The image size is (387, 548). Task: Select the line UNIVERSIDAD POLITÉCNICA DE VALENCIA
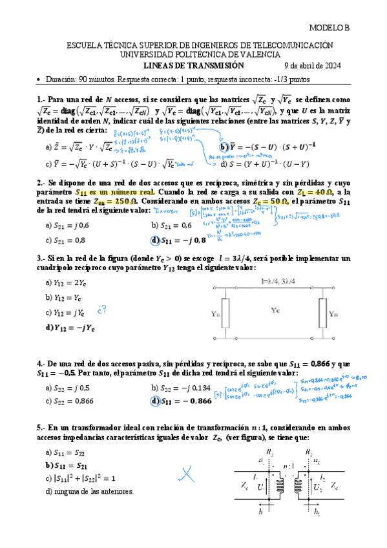pos(193,55)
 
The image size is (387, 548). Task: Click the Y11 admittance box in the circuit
pos(225,314)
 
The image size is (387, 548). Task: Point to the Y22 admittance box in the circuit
pos(334,314)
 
